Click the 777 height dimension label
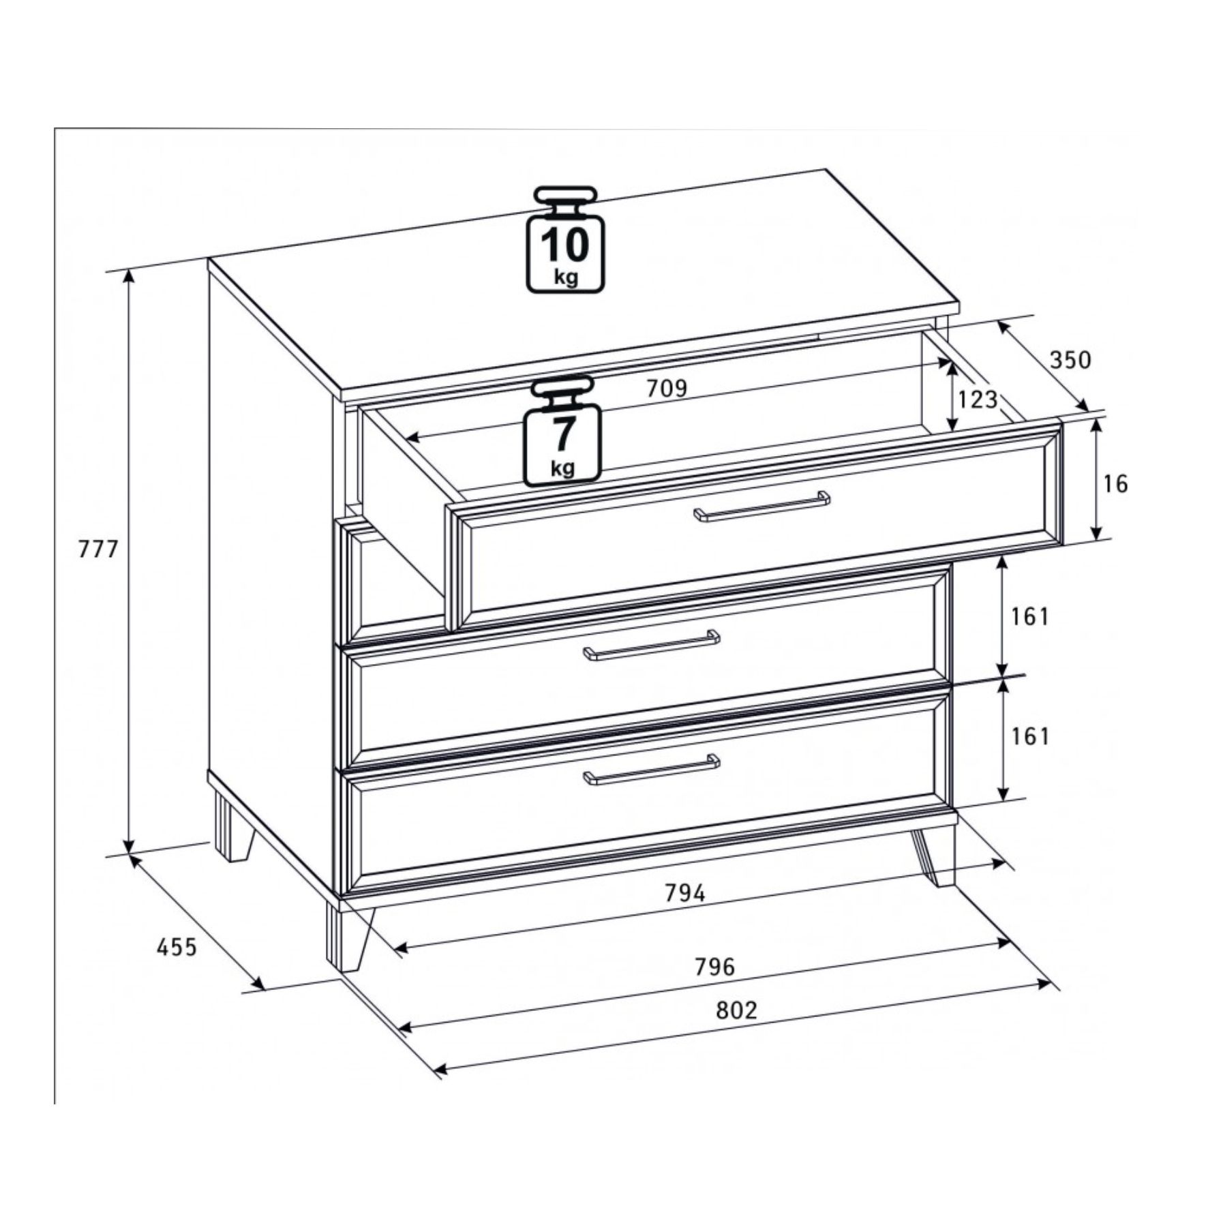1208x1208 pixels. pyautogui.click(x=99, y=549)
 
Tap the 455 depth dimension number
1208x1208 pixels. pyautogui.click(x=177, y=947)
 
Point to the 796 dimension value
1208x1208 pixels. pyautogui.click(x=714, y=967)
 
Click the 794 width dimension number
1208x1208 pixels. pyautogui.click(x=685, y=893)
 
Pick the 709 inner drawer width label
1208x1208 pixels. pyautogui.click(x=667, y=389)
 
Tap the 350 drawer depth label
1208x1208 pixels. pyautogui.click(x=1070, y=359)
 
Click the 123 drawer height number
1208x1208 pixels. pyautogui.click(x=978, y=399)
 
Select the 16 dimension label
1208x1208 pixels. pyautogui.click(x=1116, y=484)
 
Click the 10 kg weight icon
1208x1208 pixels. pyautogui.click(x=565, y=239)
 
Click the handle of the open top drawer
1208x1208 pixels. pyautogui.click(x=762, y=506)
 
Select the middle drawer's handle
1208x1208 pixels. pyautogui.click(x=652, y=645)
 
